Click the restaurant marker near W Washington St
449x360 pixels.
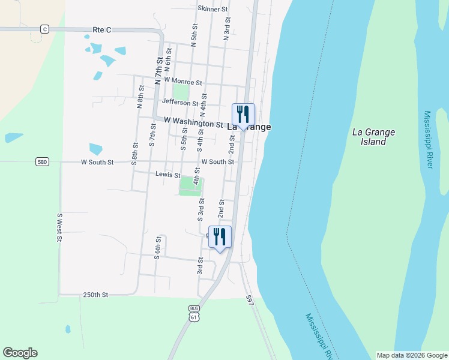click(x=243, y=114)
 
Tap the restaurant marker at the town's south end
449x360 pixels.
click(x=220, y=236)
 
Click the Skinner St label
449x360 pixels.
click(x=212, y=9)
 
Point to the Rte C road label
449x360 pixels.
click(x=103, y=29)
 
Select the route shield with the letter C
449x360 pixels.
click(x=44, y=29)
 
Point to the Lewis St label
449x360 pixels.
click(x=167, y=175)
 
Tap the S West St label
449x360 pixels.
click(x=59, y=227)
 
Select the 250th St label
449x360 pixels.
click(x=95, y=295)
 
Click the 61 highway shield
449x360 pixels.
click(x=193, y=316)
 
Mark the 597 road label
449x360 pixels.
click(x=250, y=300)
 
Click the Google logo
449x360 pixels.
click(x=20, y=353)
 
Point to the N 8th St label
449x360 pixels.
click(x=140, y=98)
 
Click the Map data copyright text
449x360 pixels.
click(x=411, y=355)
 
